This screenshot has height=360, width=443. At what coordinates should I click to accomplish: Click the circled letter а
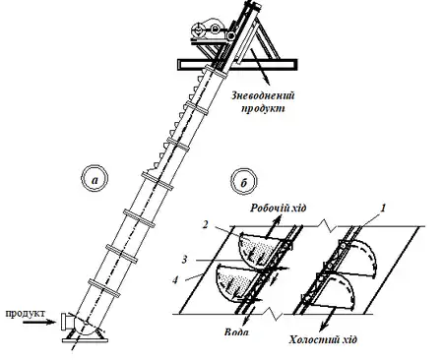95,179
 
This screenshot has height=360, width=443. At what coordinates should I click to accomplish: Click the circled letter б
244,181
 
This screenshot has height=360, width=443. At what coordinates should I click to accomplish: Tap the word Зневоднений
263,95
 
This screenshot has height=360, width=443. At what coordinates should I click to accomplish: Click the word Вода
236,331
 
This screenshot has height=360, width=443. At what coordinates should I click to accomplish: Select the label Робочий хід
279,208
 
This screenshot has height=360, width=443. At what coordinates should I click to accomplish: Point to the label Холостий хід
323,339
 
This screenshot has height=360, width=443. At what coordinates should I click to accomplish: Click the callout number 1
383,208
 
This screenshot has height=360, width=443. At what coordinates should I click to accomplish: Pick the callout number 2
206,224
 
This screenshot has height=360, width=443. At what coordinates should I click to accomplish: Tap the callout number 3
185,260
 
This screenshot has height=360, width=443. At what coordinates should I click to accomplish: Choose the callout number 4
176,280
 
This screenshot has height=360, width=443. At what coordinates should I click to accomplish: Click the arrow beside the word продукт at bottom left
39,323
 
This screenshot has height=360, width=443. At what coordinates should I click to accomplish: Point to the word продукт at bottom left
26,313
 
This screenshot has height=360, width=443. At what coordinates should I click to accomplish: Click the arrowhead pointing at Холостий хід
324,326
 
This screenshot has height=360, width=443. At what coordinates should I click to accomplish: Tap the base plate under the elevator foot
85,340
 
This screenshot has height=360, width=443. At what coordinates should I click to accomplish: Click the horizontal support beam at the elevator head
237,65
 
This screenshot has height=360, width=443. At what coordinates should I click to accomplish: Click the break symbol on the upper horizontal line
328,225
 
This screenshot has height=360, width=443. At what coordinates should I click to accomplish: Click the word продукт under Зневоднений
263,108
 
